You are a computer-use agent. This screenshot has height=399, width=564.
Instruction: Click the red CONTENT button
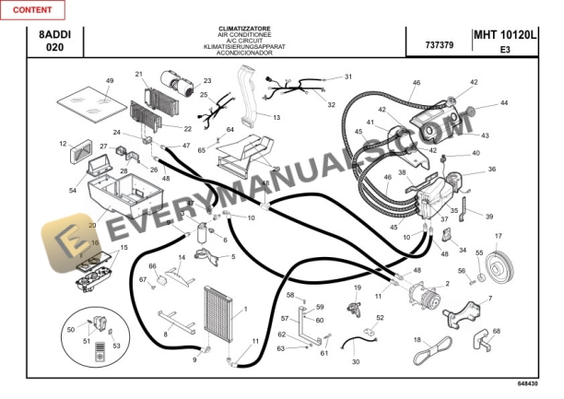point(32,9)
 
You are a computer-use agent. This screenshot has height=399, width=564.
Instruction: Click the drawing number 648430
point(528,382)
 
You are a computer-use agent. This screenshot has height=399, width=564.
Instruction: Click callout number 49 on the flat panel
point(109,82)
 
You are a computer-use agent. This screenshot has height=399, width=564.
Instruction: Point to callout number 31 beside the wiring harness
point(348,76)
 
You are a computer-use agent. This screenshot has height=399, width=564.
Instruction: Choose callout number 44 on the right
point(504,103)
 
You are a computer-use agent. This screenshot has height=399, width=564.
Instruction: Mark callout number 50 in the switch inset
point(70,329)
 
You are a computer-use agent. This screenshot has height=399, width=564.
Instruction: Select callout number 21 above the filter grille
point(139,75)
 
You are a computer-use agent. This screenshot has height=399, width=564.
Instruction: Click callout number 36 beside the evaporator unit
point(491,170)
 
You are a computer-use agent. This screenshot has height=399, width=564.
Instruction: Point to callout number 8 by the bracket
point(166,333)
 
